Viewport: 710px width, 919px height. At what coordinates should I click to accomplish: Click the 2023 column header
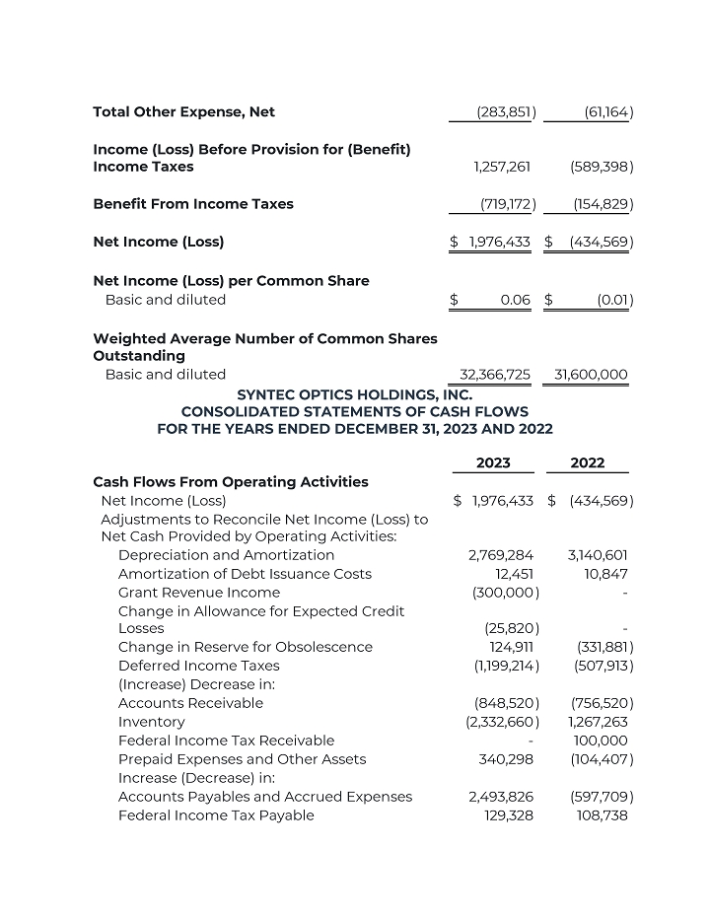pos(493,462)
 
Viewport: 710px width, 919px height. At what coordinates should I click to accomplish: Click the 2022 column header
pos(588,462)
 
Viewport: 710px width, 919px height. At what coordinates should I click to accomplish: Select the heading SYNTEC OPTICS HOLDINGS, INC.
pos(355,393)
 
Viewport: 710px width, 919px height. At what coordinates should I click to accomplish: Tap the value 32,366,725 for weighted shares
pos(495,375)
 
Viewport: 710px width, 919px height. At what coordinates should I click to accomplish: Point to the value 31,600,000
pos(591,375)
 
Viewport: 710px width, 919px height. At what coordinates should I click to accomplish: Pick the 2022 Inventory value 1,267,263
pos(598,722)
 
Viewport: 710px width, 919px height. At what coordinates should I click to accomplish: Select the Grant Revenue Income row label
pos(198,593)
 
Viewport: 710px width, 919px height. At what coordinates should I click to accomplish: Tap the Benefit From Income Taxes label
pos(193,204)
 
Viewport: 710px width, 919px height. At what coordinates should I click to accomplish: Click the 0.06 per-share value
pos(515,300)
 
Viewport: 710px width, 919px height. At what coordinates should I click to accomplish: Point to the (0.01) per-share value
pos(614,300)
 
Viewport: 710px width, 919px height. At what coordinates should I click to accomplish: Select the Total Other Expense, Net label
pos(183,112)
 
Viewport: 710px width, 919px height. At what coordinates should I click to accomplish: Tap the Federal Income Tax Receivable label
pos(226,741)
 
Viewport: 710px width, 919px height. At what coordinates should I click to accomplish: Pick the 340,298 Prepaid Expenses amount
pos(506,759)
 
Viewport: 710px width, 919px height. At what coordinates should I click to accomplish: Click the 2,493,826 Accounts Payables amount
pos(501,797)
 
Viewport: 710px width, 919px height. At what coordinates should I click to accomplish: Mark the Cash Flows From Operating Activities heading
pos(231,482)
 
